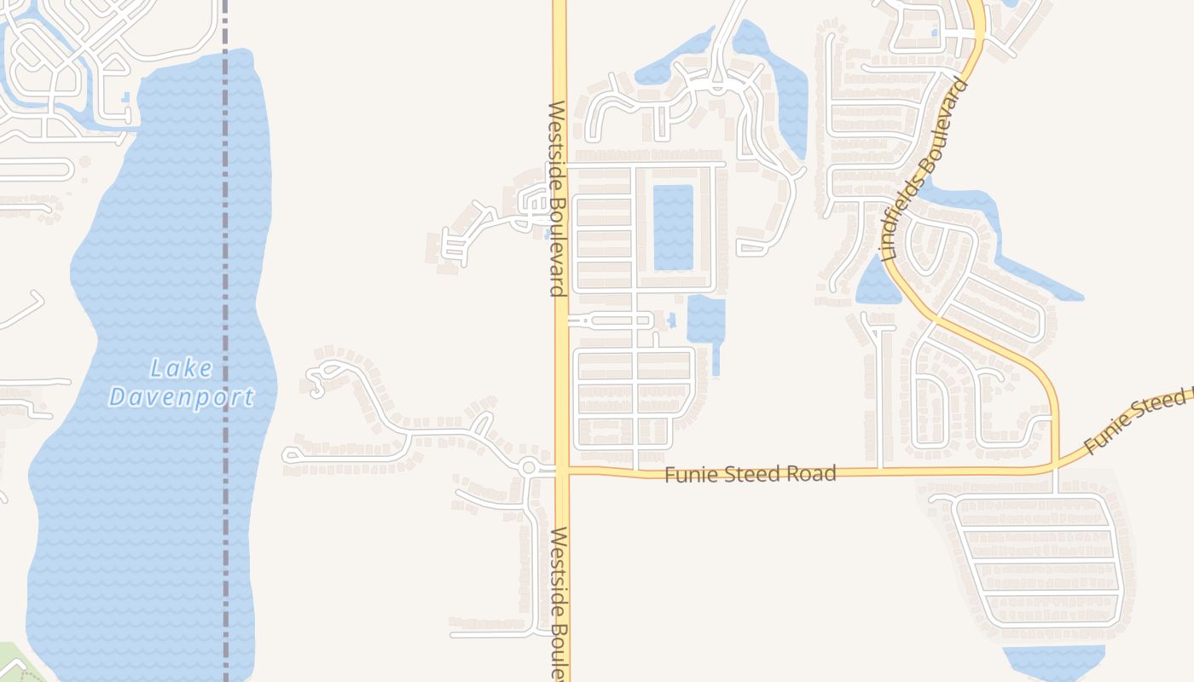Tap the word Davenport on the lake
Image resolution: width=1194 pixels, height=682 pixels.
coord(182,397)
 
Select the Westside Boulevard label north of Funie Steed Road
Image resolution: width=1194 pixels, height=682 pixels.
coord(557,199)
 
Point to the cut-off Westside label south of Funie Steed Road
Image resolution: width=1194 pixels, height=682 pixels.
coord(559,602)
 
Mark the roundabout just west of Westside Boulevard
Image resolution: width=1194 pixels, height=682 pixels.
coord(528,467)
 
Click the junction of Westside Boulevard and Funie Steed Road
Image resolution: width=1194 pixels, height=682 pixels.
coord(561,470)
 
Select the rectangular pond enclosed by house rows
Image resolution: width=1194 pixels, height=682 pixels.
coord(673,227)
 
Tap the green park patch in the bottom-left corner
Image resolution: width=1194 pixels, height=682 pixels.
coord(10,662)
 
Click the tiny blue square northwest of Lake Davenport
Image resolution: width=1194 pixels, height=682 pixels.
coord(126,97)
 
